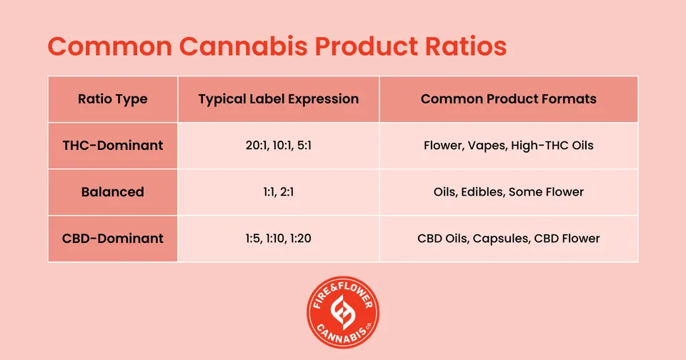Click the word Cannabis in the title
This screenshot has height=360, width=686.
pyautogui.click(x=243, y=46)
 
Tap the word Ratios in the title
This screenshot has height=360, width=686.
pyautogui.click(x=467, y=46)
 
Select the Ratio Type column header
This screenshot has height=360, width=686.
pyautogui.click(x=113, y=99)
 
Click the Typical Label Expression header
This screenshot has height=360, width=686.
pyautogui.click(x=279, y=99)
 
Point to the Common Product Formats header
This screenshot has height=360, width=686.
pyautogui.click(x=508, y=99)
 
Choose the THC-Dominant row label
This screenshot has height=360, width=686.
pyautogui.click(x=113, y=145)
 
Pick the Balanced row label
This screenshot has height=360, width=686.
pyautogui.click(x=113, y=191)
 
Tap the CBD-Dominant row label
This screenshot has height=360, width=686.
pyautogui.click(x=113, y=239)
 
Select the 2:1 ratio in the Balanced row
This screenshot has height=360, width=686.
pyautogui.click(x=287, y=191)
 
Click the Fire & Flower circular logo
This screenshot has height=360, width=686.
pyautogui.click(x=343, y=312)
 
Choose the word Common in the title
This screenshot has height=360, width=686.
pyautogui.click(x=110, y=46)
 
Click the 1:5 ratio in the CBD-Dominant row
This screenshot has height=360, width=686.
pyautogui.click(x=252, y=239)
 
